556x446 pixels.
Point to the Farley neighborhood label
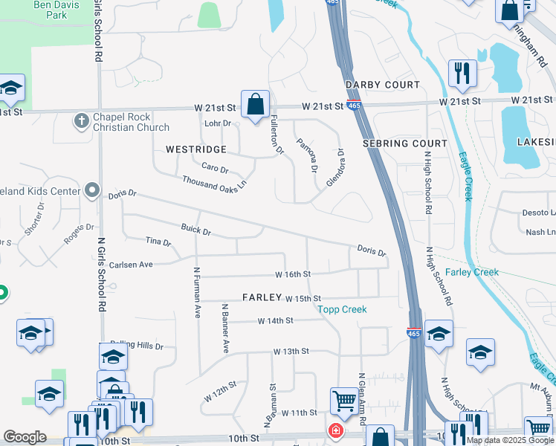coord(262,297)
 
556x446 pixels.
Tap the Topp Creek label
coord(342,309)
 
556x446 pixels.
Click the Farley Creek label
coord(472,272)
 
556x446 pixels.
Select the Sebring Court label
coord(404,143)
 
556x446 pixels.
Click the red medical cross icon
coord(336,431)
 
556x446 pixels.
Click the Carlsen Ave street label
coord(130,265)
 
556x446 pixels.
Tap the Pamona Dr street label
coord(306,155)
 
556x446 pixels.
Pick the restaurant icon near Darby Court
coord(462,74)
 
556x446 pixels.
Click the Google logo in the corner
coord(25,438)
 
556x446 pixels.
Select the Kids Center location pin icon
coord(92,191)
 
